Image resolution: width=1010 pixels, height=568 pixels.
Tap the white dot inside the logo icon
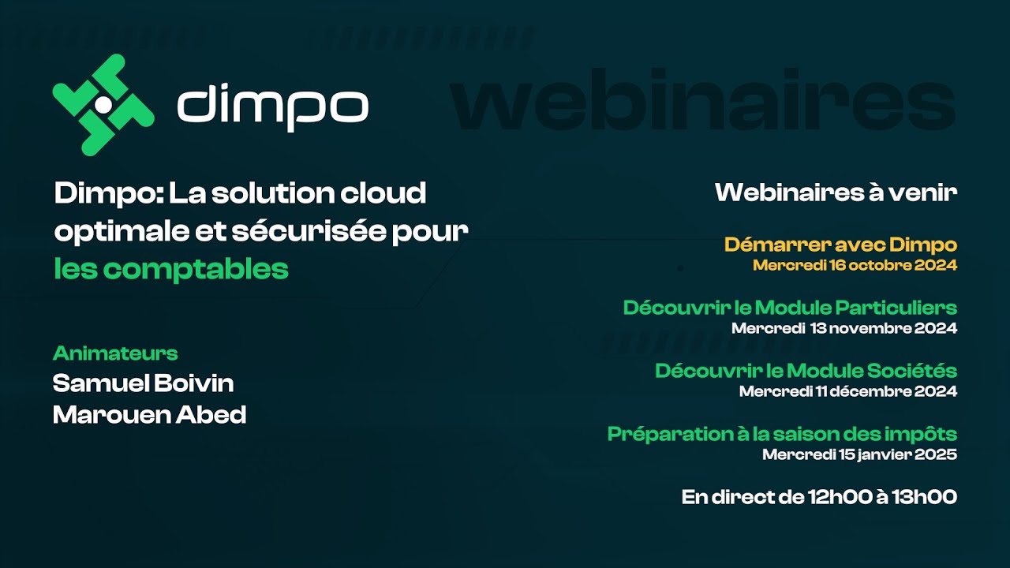(x=103, y=104)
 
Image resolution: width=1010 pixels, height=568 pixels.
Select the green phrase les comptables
(x=171, y=269)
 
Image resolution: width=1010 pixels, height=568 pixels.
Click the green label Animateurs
(x=115, y=353)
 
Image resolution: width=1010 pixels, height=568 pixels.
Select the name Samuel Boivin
(x=143, y=383)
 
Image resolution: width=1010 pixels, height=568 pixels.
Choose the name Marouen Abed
(x=149, y=414)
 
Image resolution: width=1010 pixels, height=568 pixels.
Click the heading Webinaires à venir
(x=836, y=192)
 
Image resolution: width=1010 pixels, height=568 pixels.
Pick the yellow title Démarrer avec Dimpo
(x=840, y=245)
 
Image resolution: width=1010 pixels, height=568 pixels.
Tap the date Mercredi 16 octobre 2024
(x=855, y=265)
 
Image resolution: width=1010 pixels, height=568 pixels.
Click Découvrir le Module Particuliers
(x=790, y=308)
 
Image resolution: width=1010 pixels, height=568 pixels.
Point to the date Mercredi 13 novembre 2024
(x=844, y=328)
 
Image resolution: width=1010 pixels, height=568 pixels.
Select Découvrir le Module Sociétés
(x=806, y=371)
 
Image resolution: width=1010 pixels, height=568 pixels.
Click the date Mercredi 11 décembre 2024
(x=848, y=391)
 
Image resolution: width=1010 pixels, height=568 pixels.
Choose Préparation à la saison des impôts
(x=782, y=434)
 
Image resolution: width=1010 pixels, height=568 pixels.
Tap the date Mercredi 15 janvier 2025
(x=859, y=454)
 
